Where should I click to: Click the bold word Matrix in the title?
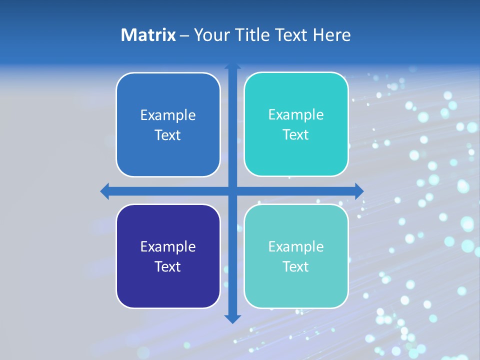(x=148, y=35)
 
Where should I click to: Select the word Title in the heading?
(x=251, y=35)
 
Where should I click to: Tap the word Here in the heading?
(x=331, y=35)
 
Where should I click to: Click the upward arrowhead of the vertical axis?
(x=232, y=66)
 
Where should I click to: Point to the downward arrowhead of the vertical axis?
(x=232, y=319)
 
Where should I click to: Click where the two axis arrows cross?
(x=232, y=191)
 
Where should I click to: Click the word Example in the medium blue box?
(x=168, y=115)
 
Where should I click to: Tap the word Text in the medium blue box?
(x=168, y=135)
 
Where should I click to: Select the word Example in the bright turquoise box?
(x=296, y=115)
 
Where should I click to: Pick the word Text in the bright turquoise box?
(x=296, y=134)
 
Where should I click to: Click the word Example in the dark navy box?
(x=168, y=247)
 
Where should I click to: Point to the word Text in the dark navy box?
(x=168, y=266)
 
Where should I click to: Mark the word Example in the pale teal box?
(x=296, y=247)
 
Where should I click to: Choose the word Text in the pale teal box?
(x=296, y=266)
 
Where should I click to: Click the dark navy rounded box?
(x=168, y=290)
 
